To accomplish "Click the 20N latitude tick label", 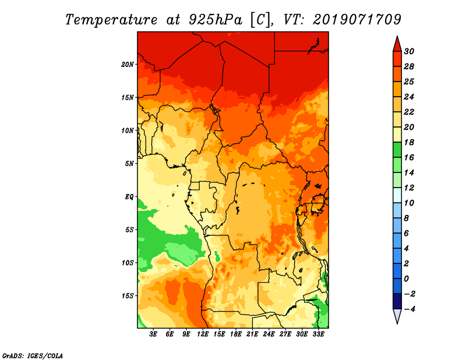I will coord(128,64).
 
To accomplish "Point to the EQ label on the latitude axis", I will coord(129,196).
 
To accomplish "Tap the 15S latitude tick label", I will coord(128,295).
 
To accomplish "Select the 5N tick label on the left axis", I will coord(129,163).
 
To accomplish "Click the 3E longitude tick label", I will coord(153,334).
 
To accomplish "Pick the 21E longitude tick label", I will coord(252,334).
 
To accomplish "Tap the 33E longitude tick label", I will coord(318,334).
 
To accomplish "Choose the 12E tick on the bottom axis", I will coord(203,334).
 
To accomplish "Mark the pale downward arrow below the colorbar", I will coord(397,316).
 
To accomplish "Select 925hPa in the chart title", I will coord(212,19).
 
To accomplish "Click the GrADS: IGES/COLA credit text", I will coord(32,355).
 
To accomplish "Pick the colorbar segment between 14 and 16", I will coord(397,165).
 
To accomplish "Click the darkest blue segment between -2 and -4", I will coord(397,301).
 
